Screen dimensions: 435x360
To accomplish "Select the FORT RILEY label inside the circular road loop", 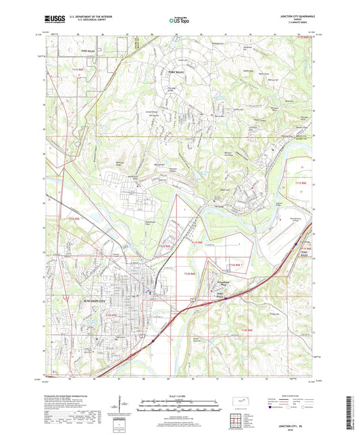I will [177, 72].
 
